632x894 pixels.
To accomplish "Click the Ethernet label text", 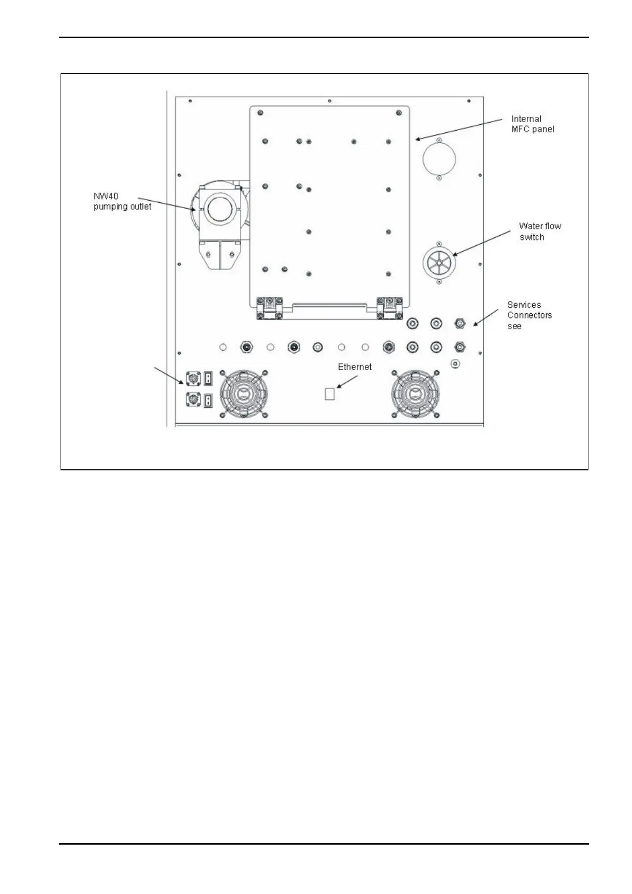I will tap(355, 367).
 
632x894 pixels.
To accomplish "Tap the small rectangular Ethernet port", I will tap(329, 394).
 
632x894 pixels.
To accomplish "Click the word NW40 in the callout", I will tap(106, 196).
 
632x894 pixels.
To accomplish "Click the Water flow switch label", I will tap(540, 231).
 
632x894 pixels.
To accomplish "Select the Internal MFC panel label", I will tap(532, 124).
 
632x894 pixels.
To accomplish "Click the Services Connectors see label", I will tap(529, 315).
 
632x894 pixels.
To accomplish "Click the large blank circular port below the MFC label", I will tap(438, 158).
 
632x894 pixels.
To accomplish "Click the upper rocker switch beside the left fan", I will tap(208, 378).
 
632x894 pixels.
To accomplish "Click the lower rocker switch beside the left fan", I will tap(208, 399).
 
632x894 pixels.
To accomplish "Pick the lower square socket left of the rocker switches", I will tap(191, 399).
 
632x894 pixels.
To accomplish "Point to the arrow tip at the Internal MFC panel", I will tap(416, 140).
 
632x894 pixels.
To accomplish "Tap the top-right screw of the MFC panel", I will tap(398, 113).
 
